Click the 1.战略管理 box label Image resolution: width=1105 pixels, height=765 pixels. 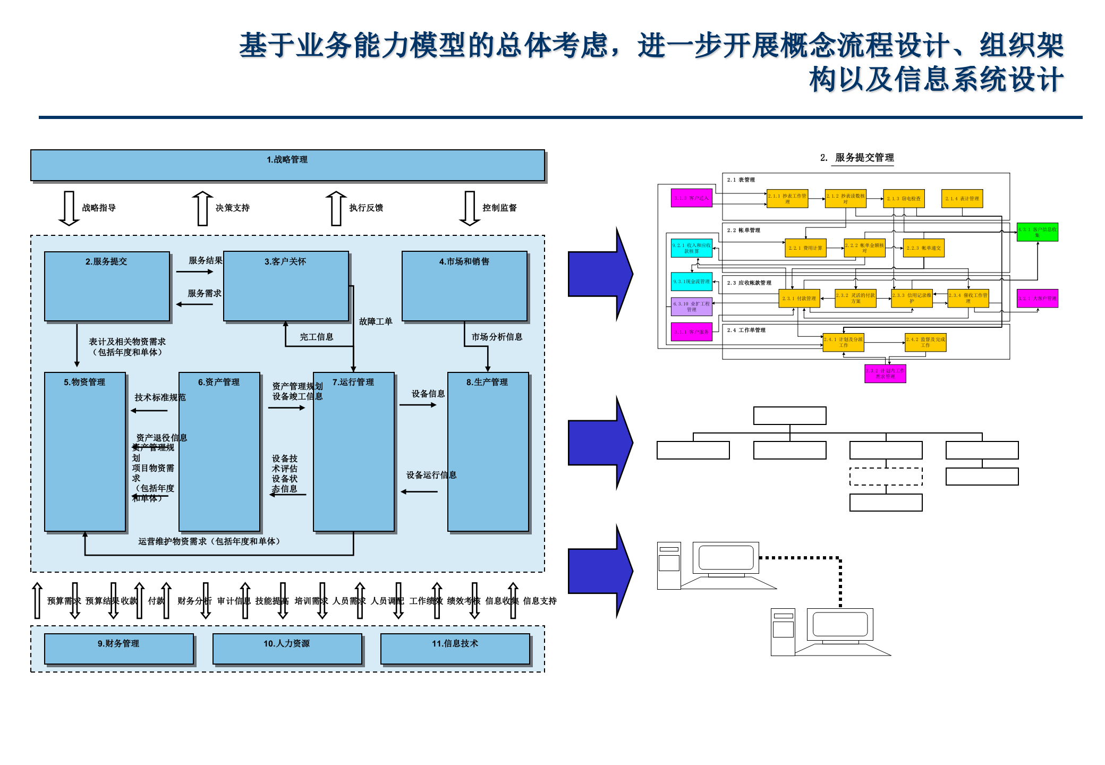pyautogui.click(x=287, y=159)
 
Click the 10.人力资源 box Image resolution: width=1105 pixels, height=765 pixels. pyautogui.click(x=287, y=648)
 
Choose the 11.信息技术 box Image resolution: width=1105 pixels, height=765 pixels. pyautogui.click(x=455, y=648)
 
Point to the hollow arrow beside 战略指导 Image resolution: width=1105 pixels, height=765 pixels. pyautogui.click(x=69, y=208)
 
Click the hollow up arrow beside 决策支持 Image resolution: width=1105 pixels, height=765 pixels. pyautogui.click(x=202, y=208)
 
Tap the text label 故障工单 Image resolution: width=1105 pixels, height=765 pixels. pyautogui.click(x=376, y=321)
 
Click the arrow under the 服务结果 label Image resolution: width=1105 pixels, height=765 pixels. pyautogui.click(x=194, y=271)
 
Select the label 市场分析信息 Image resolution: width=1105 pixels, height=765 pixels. pyautogui.click(x=497, y=337)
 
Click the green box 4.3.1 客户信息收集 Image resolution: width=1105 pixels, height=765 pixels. pyautogui.click(x=1037, y=232)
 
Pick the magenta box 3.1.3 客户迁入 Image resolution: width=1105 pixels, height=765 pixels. pyautogui.click(x=691, y=198)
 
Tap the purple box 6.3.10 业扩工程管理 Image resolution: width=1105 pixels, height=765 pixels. pyautogui.click(x=691, y=307)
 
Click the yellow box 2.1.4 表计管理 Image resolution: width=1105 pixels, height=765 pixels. pyautogui.click(x=962, y=198)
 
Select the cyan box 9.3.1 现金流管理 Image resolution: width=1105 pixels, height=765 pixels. pyautogui.click(x=691, y=282)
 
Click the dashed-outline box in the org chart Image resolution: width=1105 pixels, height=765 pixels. pyautogui.click(x=886, y=477)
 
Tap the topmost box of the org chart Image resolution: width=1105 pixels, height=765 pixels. pyautogui.click(x=789, y=415)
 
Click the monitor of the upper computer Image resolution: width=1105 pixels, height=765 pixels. pyautogui.click(x=726, y=558)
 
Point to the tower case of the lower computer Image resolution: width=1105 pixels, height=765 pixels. pyautogui.click(x=783, y=632)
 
